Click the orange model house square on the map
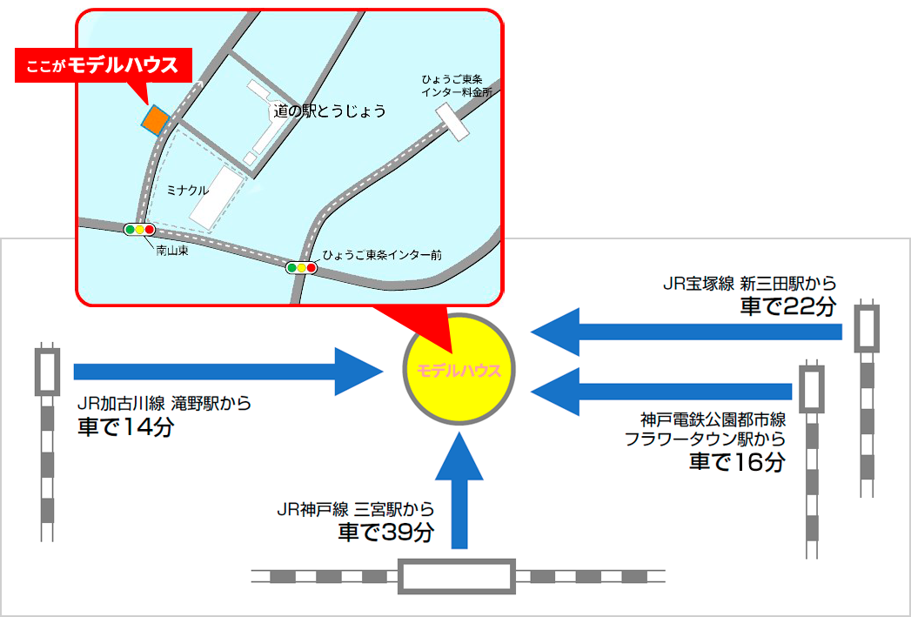(x=155, y=120)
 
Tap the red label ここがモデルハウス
(x=103, y=64)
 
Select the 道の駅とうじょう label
(x=329, y=111)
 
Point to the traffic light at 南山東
(x=139, y=230)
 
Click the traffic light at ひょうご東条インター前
(x=302, y=268)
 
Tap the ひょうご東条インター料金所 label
(x=456, y=85)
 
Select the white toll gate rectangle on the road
(x=452, y=121)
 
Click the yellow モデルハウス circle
(x=460, y=369)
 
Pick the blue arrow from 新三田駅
(x=687, y=332)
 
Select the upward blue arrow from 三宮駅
(x=459, y=493)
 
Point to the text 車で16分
(x=738, y=461)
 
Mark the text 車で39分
(x=385, y=532)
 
